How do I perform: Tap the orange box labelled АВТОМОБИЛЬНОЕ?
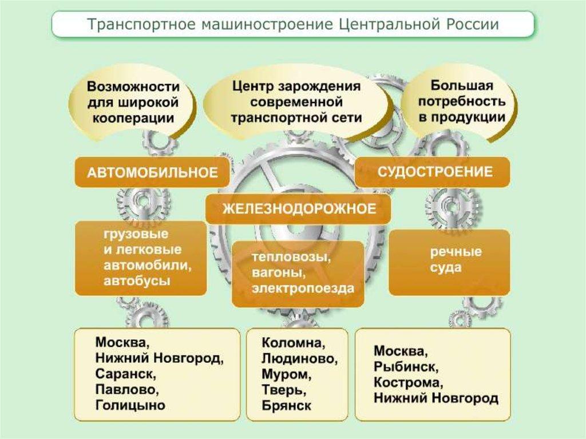coord(152,172)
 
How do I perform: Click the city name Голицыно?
coord(130,405)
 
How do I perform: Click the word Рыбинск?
coord(406,366)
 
